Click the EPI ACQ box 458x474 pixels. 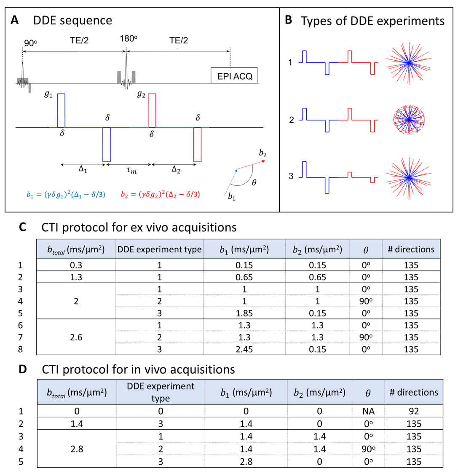tap(234, 75)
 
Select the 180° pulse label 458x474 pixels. tap(129, 39)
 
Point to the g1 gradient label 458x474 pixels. tap(48, 95)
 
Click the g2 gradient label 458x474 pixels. tap(141, 95)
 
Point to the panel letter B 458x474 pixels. tap(289, 20)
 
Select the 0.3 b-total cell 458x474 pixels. tap(76, 265)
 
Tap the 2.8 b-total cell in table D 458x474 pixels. tap(76, 449)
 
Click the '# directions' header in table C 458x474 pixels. tap(410, 249)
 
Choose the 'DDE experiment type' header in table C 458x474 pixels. tap(159, 249)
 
